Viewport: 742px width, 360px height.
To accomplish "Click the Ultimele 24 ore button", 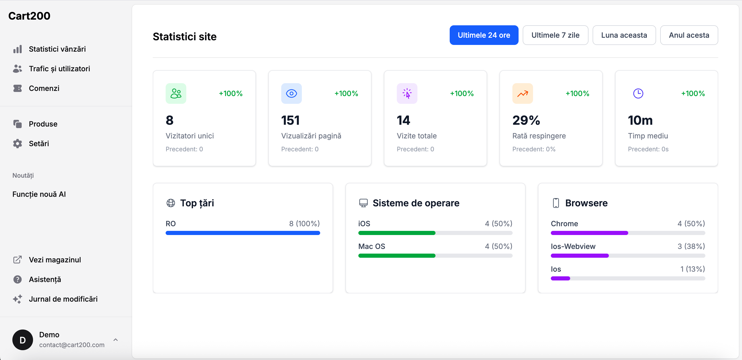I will (484, 35).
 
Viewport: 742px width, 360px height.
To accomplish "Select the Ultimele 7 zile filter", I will (555, 35).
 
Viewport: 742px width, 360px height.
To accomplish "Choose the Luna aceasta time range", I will (624, 35).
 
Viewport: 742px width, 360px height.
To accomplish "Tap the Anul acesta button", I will (689, 35).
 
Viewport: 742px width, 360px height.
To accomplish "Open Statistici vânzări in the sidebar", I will (57, 49).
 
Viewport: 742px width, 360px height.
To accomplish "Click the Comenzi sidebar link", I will (44, 88).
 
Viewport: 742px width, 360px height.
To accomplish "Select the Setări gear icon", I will (18, 144).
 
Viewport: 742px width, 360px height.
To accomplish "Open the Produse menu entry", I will (43, 124).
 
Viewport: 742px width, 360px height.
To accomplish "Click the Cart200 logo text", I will (29, 16).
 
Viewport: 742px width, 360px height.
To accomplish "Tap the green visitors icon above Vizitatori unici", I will (176, 93).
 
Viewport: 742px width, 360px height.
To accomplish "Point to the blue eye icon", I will (291, 93).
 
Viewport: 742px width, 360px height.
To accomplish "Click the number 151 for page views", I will (290, 120).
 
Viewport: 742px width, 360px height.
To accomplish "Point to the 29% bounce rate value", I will (526, 120).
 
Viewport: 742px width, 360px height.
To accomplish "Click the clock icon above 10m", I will (638, 93).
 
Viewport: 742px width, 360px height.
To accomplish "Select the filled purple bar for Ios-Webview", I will (579, 256).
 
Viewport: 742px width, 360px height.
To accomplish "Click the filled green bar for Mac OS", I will (397, 256).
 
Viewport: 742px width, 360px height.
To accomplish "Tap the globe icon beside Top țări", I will (171, 203).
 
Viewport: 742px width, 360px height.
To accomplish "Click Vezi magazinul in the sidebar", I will (55, 260).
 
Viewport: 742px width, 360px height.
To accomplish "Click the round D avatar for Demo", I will (22, 340).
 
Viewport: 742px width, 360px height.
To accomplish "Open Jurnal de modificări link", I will (63, 299).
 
